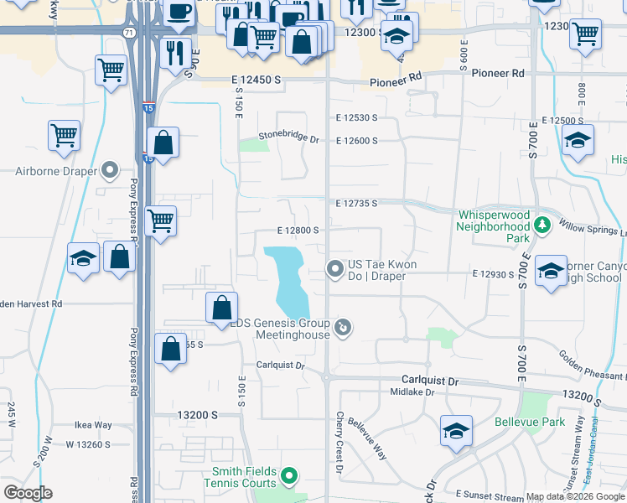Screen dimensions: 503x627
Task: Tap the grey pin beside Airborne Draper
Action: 110,171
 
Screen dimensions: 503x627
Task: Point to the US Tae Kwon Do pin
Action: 335,269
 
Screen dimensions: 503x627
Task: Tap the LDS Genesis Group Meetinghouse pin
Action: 342,327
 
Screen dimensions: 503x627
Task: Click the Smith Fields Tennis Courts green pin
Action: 290,477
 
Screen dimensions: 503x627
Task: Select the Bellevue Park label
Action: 530,422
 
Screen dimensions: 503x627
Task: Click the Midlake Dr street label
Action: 412,392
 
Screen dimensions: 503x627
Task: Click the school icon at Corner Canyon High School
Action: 551,272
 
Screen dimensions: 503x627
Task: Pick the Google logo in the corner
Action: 28,493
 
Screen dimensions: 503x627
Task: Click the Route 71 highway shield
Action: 128,32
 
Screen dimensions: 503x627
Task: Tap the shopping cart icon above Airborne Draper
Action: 65,134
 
